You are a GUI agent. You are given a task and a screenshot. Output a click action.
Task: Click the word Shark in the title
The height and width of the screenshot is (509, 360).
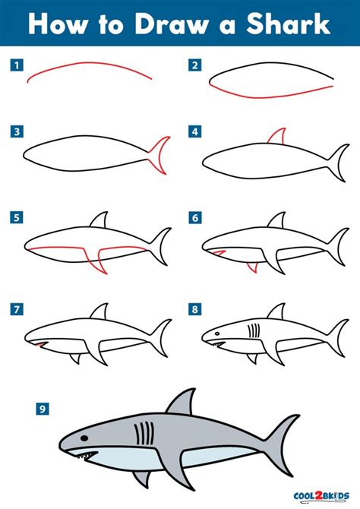coord(292,24)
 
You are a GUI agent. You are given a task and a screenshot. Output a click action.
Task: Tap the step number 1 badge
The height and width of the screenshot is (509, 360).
coord(15,65)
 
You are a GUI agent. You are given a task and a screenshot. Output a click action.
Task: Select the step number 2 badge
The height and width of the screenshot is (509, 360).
coord(195,65)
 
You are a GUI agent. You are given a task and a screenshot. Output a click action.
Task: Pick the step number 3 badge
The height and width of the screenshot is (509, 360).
coord(15,132)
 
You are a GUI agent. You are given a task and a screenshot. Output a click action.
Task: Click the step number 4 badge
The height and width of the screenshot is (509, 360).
coord(195,132)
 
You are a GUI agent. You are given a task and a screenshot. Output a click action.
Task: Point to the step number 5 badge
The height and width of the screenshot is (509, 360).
coord(15,218)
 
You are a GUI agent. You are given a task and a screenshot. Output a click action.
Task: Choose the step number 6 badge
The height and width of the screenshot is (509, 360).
coord(195,218)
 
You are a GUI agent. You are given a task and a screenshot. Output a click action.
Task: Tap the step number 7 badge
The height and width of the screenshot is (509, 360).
coord(15,309)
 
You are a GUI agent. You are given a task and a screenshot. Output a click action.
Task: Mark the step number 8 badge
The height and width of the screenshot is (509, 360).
coord(195,309)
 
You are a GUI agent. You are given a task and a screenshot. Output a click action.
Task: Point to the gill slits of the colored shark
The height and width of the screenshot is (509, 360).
coord(141,435)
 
